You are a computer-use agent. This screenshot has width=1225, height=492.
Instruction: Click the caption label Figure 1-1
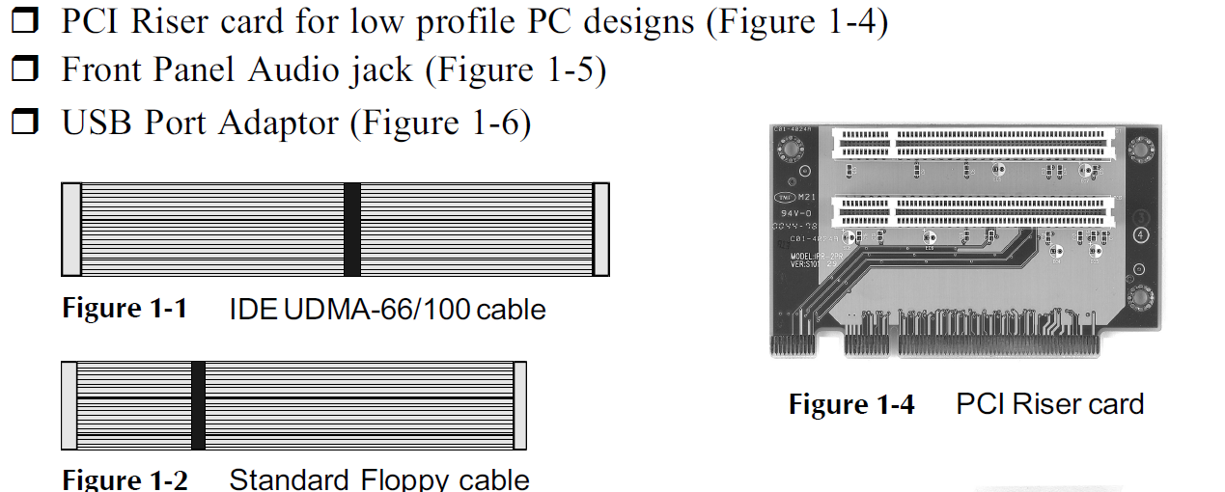pyautogui.click(x=125, y=309)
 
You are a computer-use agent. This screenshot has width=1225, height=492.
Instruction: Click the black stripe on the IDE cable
pyautogui.click(x=352, y=229)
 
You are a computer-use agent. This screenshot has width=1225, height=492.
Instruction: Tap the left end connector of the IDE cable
pyautogui.click(x=70, y=229)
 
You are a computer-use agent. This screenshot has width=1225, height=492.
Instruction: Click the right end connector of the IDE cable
pyautogui.click(x=600, y=229)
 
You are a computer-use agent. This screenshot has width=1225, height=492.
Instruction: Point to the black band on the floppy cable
pyautogui.click(x=198, y=405)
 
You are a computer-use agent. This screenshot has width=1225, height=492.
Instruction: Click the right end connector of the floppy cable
pyautogui.click(x=519, y=405)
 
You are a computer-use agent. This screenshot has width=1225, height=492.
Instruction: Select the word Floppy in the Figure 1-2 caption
pyautogui.click(x=416, y=479)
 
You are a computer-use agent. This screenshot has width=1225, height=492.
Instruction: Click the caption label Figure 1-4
pyautogui.click(x=851, y=404)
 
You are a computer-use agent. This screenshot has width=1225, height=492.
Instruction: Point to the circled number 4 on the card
pyautogui.click(x=1141, y=234)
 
